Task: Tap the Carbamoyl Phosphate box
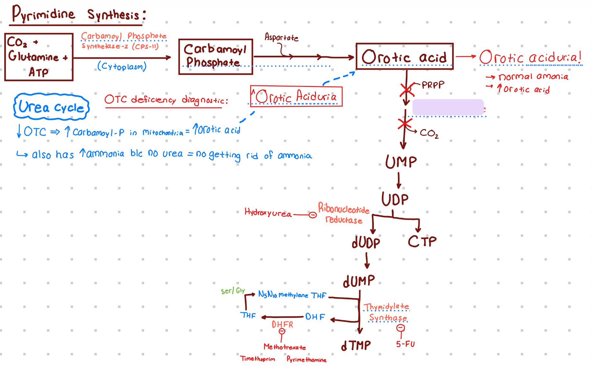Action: point(216,57)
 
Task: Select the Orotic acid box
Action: point(404,57)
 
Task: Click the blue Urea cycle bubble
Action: point(51,107)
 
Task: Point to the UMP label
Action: point(401,162)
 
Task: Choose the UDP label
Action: point(395,199)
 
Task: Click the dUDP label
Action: point(366,243)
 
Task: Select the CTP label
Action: point(422,241)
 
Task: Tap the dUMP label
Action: point(359,281)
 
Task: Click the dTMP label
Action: point(356,346)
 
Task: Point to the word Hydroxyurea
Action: point(268,213)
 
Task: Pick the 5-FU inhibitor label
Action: point(405,344)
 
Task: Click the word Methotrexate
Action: point(285,347)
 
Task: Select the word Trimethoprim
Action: point(258,359)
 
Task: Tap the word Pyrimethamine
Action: point(306,359)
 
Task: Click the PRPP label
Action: point(433,85)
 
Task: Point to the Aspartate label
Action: point(282,37)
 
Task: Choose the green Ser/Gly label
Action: point(233,291)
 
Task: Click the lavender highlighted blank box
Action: point(448,107)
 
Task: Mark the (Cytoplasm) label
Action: point(122,66)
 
